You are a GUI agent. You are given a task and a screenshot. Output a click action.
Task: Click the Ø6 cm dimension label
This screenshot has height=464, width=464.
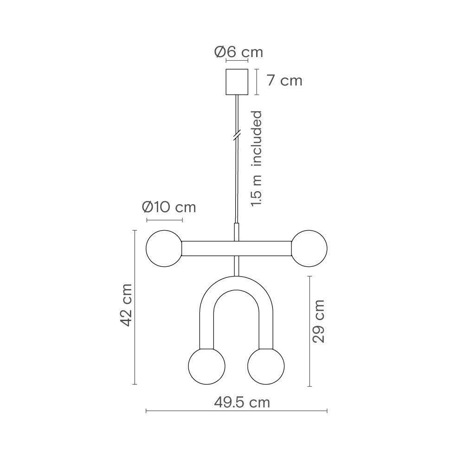(238, 52)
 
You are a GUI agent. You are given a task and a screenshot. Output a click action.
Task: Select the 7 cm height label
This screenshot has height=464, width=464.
(284, 81)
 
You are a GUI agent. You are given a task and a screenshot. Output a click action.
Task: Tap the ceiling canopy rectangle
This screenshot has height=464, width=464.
(237, 82)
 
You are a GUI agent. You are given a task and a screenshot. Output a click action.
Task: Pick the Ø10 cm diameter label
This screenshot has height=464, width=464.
(169, 207)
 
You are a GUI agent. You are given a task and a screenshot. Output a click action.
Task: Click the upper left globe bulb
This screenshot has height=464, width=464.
(164, 249)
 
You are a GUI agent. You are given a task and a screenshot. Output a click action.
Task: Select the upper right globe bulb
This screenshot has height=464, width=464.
(309, 249)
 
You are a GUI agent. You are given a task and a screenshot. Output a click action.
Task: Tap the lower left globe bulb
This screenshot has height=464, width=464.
(206, 365)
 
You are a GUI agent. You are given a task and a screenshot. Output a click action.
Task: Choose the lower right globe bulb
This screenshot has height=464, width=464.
(266, 365)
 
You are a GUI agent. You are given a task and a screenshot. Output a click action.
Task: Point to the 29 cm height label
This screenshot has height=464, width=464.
(318, 321)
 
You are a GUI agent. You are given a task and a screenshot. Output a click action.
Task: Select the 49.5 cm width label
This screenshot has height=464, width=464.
(242, 402)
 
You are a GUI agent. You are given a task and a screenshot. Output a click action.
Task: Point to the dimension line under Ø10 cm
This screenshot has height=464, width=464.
(164, 219)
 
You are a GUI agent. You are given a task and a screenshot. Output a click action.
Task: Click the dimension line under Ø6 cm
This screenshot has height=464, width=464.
(237, 61)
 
